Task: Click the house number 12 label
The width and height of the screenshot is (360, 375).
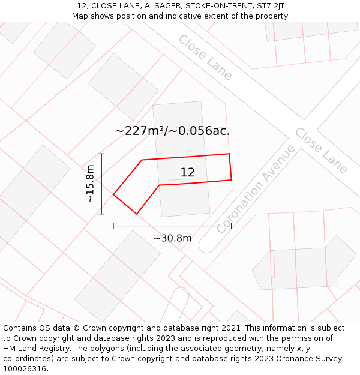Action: click(x=187, y=172)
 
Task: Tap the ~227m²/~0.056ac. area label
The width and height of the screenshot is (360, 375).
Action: click(x=172, y=131)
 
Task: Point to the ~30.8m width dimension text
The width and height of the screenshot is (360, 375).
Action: click(x=172, y=238)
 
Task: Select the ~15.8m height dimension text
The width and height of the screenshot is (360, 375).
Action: click(x=90, y=184)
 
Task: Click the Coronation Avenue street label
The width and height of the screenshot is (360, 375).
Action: click(x=256, y=188)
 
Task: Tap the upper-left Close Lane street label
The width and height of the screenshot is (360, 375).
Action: click(x=205, y=57)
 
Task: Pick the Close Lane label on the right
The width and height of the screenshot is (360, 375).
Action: click(x=321, y=151)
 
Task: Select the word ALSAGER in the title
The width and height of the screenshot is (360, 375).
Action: click(x=163, y=6)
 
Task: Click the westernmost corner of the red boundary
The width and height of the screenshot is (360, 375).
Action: click(x=113, y=194)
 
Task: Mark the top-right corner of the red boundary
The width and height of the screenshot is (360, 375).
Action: click(x=229, y=154)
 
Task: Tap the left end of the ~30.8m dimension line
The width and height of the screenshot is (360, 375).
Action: click(x=113, y=226)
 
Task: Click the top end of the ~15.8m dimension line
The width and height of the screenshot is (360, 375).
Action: click(x=101, y=154)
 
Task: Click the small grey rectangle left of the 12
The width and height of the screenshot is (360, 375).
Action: click(x=175, y=181)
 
